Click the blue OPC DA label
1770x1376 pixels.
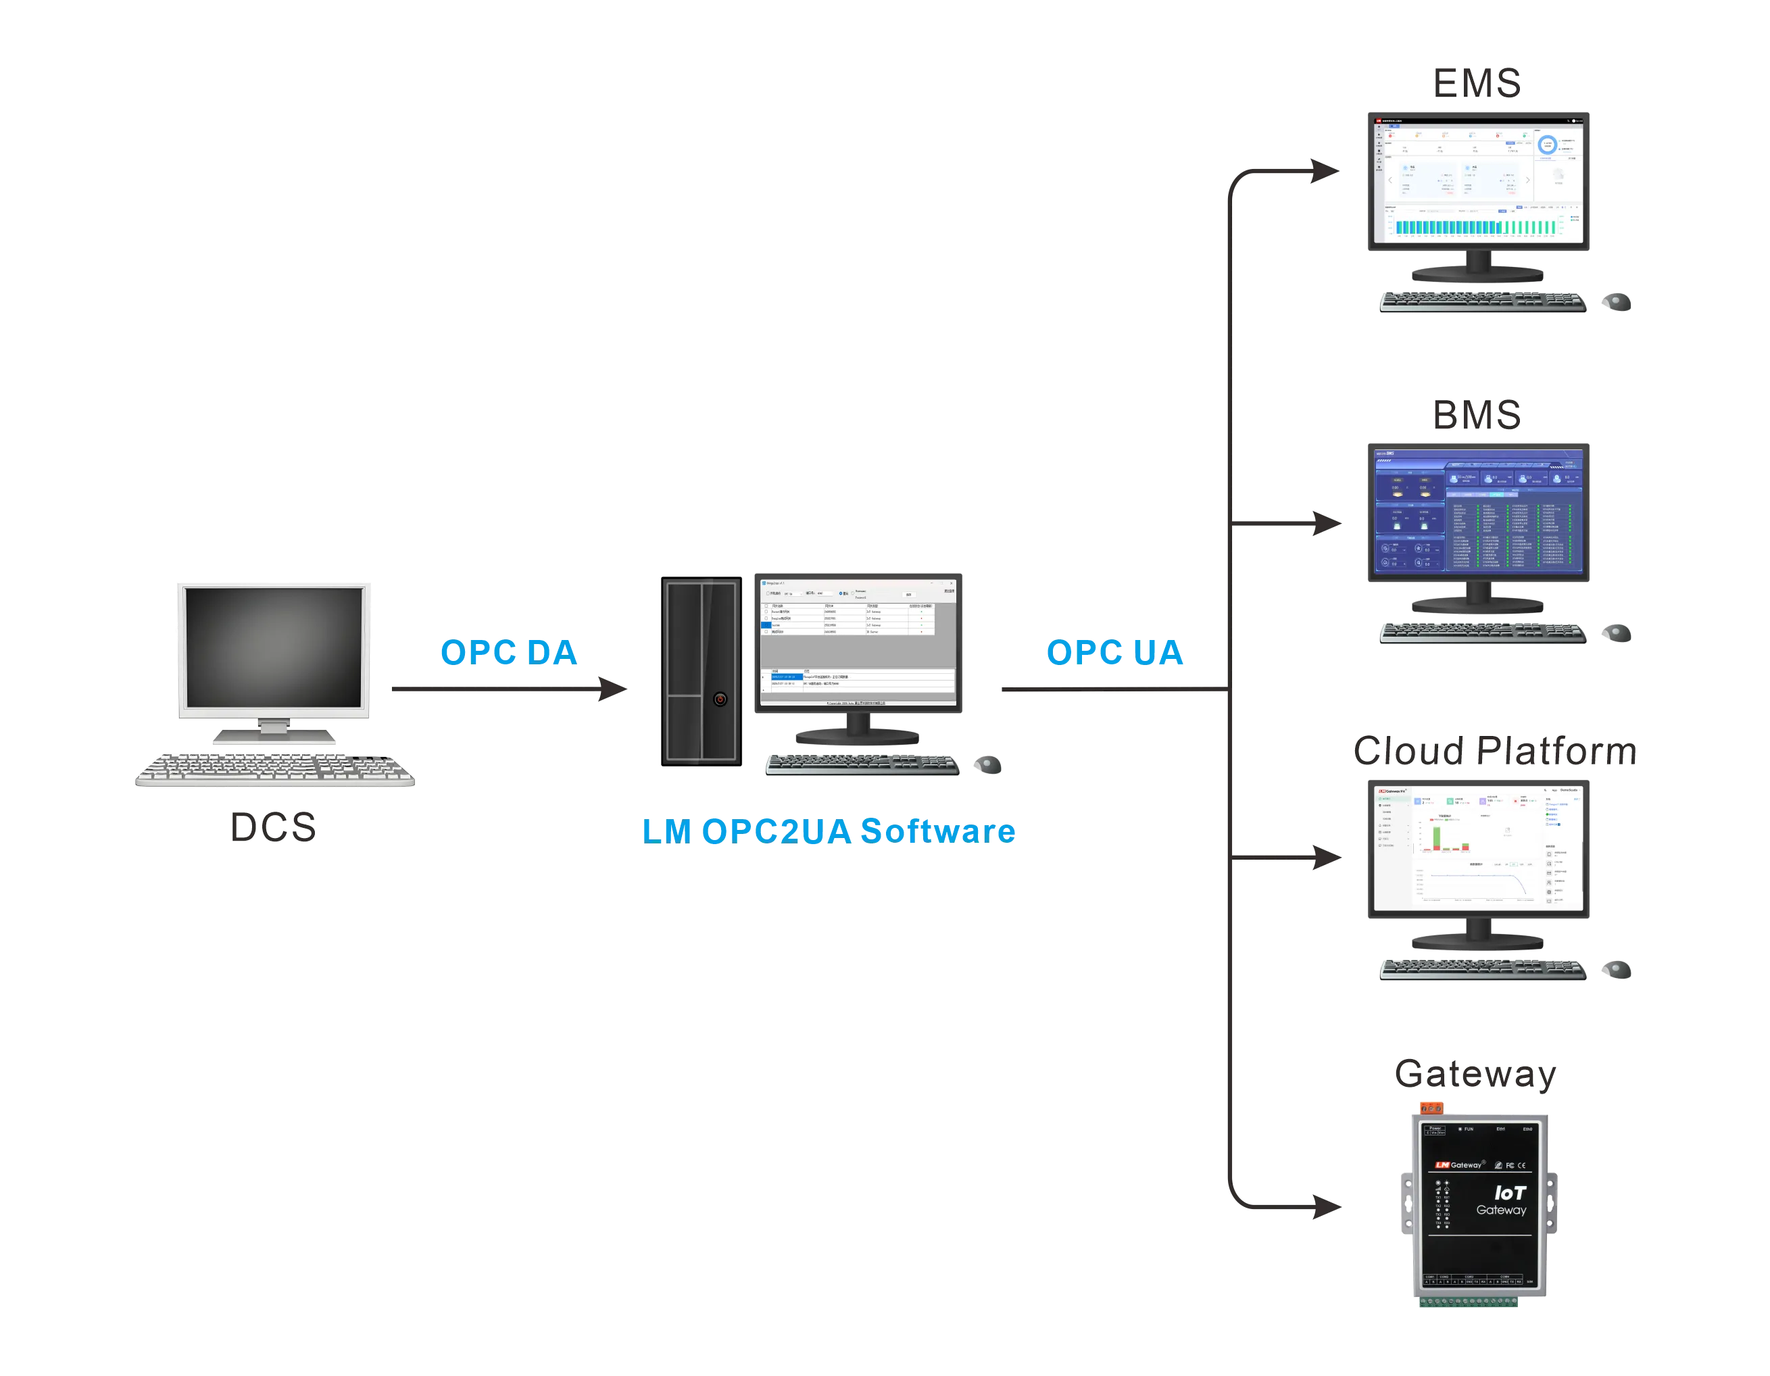508,652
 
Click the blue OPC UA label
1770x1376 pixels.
1114,652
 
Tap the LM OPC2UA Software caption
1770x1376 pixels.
829,831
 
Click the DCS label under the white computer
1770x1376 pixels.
276,827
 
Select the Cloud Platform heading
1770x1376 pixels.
1494,752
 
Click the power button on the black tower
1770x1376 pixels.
720,699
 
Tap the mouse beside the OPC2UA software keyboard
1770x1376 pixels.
989,764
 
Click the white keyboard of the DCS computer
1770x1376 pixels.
273,769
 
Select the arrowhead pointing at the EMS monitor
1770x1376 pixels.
1323,172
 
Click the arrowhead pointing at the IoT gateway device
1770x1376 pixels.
1326,1205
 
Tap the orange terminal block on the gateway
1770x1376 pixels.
1431,1108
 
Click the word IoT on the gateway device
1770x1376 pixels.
1510,1193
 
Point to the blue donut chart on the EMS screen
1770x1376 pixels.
1547,146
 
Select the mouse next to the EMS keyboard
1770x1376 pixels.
1617,303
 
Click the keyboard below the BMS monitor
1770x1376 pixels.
1483,635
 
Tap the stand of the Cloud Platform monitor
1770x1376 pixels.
1478,937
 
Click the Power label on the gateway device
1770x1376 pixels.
1435,1128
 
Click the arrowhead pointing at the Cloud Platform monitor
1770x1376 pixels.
1326,856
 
